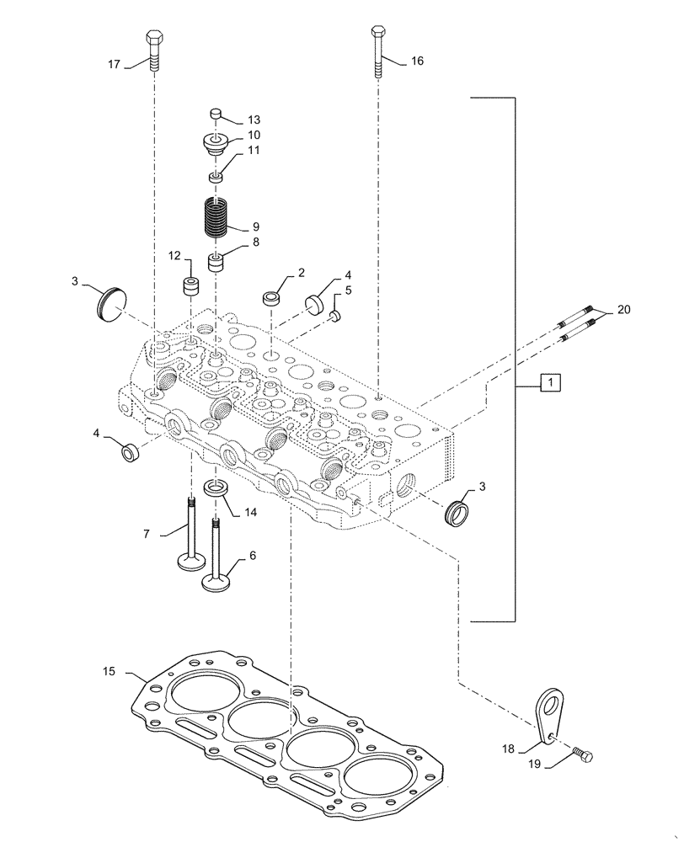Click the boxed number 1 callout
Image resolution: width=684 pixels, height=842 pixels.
(x=548, y=383)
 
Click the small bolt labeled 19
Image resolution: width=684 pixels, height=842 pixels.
(x=582, y=756)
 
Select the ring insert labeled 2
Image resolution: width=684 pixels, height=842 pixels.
(x=272, y=298)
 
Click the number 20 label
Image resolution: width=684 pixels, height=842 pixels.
(x=623, y=310)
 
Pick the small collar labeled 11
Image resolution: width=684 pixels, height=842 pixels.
(x=216, y=177)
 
